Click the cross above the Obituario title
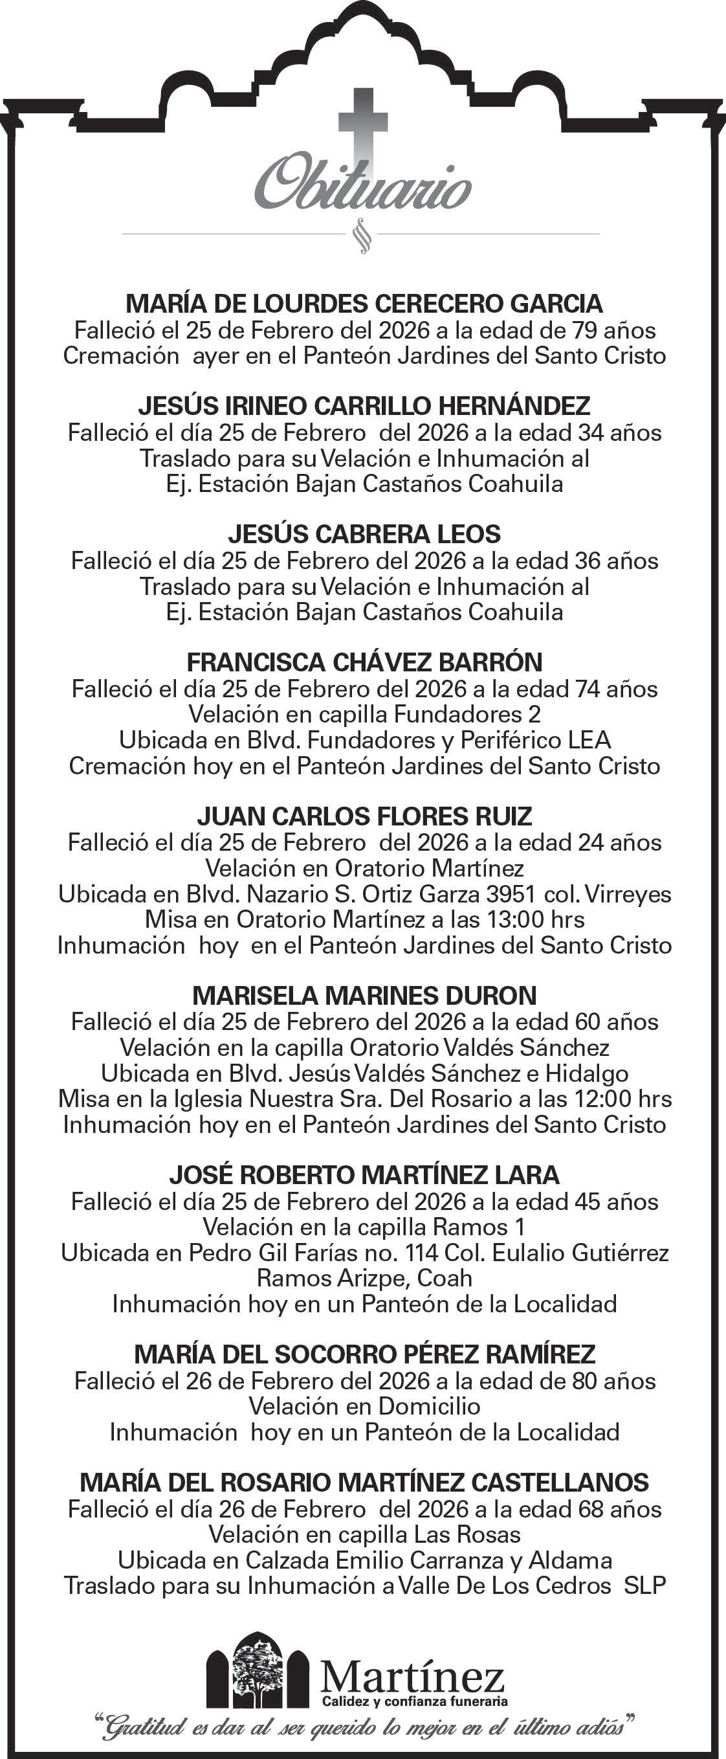click(363, 129)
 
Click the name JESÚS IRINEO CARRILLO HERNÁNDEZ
click(364, 407)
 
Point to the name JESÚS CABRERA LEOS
click(364, 534)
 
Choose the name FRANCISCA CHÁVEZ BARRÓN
click(364, 662)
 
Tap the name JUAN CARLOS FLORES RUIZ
click(364, 816)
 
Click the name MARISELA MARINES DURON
click(364, 996)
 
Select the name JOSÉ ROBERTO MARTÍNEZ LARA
click(364, 1175)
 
